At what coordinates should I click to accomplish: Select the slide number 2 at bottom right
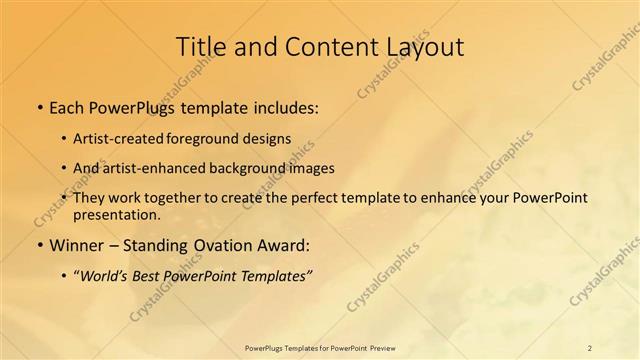coord(589,348)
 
